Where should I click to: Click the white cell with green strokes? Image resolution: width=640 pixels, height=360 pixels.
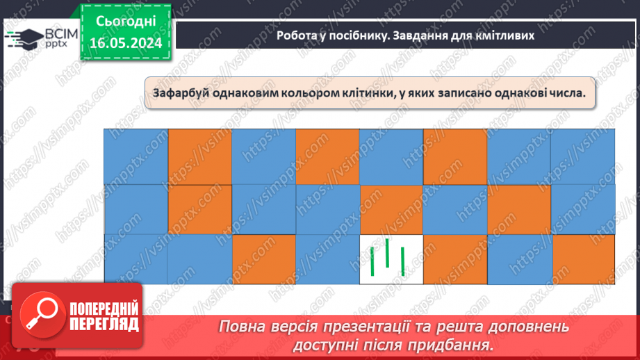coord(391,259)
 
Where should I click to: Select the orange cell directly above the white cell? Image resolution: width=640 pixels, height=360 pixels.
coord(391,210)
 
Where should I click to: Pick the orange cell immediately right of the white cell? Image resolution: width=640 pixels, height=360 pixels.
coord(454,259)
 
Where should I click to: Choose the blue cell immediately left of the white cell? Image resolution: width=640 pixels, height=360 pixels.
coord(327,259)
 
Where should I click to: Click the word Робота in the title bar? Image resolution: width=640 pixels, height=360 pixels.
coord(295,35)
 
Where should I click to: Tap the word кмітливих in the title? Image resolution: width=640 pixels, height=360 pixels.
coord(507,35)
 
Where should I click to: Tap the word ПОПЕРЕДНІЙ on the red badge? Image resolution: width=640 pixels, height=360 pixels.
coord(104,309)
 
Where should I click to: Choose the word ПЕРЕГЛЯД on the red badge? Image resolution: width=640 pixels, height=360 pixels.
coord(104,325)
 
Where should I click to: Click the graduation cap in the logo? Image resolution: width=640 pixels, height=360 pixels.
coord(25,38)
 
